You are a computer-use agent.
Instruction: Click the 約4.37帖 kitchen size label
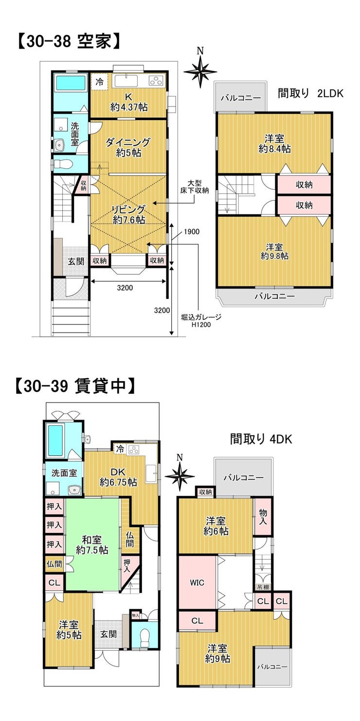[129, 107]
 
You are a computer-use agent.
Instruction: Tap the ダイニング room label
[128, 142]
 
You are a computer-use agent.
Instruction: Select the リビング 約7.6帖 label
[128, 215]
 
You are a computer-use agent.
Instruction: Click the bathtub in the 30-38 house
[71, 82]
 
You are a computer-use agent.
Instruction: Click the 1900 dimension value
[192, 232]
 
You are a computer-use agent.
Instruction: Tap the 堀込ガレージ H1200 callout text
[201, 321]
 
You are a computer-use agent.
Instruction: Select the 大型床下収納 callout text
[194, 187]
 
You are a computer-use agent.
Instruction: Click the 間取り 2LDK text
[310, 93]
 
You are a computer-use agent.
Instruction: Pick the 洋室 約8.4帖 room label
[274, 144]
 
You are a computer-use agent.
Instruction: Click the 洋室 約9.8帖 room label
[274, 251]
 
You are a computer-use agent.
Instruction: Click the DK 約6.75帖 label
[118, 477]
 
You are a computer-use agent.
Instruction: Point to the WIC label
[197, 582]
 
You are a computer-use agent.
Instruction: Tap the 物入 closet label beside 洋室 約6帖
[263, 516]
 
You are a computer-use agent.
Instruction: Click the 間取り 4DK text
[261, 439]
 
